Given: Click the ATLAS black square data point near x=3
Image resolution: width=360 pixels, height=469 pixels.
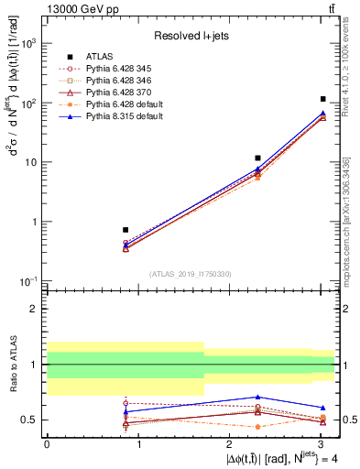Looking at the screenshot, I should [x=323, y=99].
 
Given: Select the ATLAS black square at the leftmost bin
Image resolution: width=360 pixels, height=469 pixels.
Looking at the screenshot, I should [x=125, y=230].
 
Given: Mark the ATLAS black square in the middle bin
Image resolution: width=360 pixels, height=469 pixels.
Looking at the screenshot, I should [x=258, y=158].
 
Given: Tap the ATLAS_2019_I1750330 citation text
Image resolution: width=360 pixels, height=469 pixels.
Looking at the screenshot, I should [x=191, y=273].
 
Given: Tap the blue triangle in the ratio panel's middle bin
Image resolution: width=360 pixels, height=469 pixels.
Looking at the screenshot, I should [x=258, y=397].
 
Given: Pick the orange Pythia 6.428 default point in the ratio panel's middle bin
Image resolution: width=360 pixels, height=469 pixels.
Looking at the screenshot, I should [x=258, y=427].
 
